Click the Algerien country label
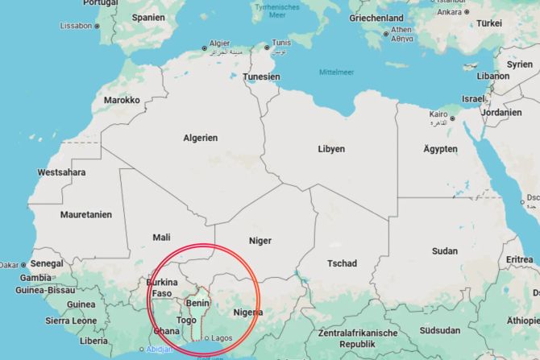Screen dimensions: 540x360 [200, 138]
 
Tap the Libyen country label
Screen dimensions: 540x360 [331, 149]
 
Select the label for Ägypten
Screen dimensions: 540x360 [440, 149]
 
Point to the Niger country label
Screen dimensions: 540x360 [260, 241]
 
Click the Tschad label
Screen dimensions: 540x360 [342, 264]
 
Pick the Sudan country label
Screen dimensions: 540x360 [444, 251]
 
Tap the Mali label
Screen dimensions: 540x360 [161, 237]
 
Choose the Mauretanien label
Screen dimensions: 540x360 [86, 215]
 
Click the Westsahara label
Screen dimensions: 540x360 [61, 172]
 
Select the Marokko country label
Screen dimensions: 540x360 [122, 101]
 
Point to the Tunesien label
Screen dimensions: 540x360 [263, 77]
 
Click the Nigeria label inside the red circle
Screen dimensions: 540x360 [248, 312]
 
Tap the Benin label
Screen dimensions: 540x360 [197, 303]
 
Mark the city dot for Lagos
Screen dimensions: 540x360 [206, 337]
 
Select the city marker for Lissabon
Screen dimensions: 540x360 [98, 26]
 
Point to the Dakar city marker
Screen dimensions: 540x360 [24, 264]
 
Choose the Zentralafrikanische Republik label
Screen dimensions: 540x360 [358, 338]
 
